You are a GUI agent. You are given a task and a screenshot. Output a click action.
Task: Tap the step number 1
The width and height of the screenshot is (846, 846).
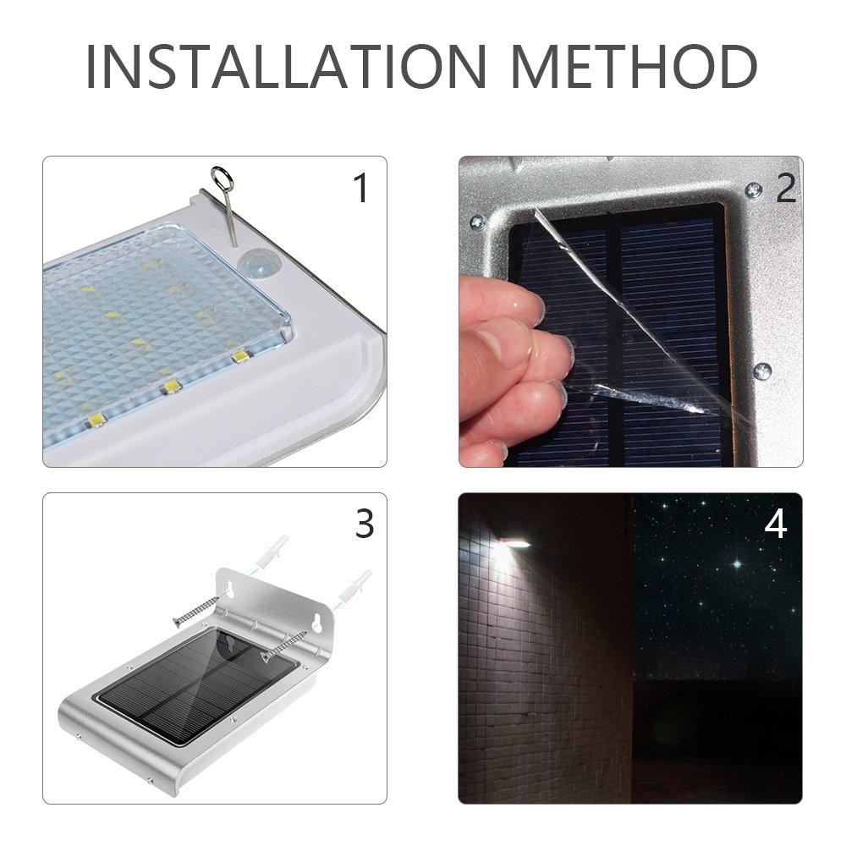(x=361, y=188)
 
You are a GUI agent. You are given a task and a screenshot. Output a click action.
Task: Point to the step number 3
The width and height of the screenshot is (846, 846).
(x=364, y=525)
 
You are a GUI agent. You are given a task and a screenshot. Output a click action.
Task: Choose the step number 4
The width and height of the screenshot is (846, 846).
(x=775, y=525)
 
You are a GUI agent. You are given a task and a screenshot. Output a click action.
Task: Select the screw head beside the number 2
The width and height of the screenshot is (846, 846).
(x=753, y=191)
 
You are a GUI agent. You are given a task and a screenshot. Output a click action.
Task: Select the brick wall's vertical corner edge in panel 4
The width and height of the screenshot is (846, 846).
(x=631, y=643)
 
